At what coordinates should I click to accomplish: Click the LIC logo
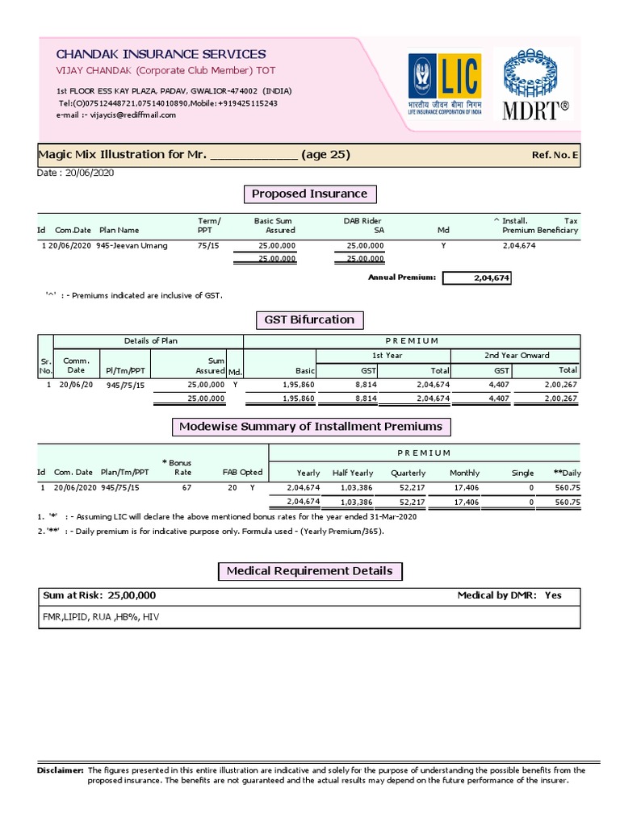click(445, 85)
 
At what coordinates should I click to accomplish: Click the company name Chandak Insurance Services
click(161, 54)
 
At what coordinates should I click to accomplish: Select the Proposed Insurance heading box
click(309, 194)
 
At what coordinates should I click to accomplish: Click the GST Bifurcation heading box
click(309, 319)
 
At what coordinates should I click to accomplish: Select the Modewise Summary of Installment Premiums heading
click(310, 426)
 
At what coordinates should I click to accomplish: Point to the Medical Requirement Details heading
click(309, 571)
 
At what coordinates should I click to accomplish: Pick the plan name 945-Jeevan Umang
click(132, 245)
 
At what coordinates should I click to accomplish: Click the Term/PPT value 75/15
click(207, 245)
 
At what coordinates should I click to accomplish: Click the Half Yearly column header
click(353, 473)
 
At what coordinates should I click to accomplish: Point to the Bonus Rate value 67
click(186, 488)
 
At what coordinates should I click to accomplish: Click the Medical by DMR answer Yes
click(553, 595)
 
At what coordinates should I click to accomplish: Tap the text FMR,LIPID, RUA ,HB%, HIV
click(95, 616)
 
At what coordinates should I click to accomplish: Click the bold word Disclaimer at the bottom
click(61, 770)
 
